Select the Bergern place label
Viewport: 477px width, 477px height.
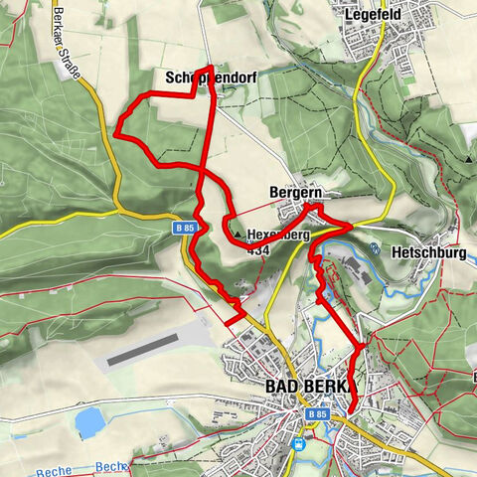click(x=291, y=192)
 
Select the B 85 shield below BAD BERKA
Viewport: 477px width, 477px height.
click(x=317, y=412)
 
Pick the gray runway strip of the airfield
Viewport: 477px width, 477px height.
click(x=143, y=349)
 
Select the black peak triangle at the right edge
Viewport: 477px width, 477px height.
click(x=468, y=157)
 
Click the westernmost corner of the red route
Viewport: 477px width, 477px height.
click(x=117, y=128)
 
